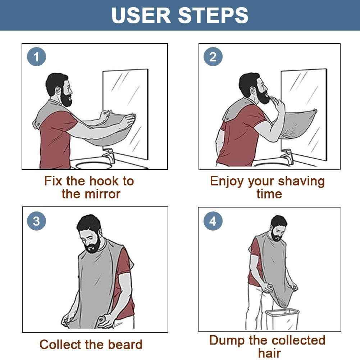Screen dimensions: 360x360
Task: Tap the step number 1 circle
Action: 36,57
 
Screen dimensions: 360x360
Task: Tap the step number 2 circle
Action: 213,57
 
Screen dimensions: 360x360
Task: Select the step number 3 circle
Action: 36,221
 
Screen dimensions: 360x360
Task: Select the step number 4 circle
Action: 213,221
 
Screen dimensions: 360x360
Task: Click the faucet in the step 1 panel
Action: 108,156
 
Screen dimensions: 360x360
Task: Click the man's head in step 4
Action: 278,227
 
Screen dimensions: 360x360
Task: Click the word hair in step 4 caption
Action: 269,353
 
